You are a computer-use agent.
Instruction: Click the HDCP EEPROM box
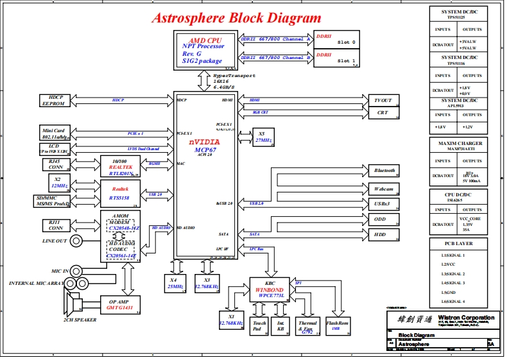[53, 99]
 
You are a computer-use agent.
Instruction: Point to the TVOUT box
[383, 100]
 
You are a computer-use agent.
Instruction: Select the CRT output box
[383, 113]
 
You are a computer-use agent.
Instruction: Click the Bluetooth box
[383, 171]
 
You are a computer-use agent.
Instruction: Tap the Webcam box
[383, 189]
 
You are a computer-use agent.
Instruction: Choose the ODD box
[383, 219]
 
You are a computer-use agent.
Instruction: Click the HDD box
[383, 235]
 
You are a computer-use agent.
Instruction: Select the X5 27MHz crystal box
[262, 137]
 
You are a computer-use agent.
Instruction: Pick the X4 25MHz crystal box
[173, 283]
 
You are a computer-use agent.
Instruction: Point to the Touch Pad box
[259, 326]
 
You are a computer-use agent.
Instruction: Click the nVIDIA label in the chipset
[204, 141]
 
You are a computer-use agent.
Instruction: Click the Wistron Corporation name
[466, 318]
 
